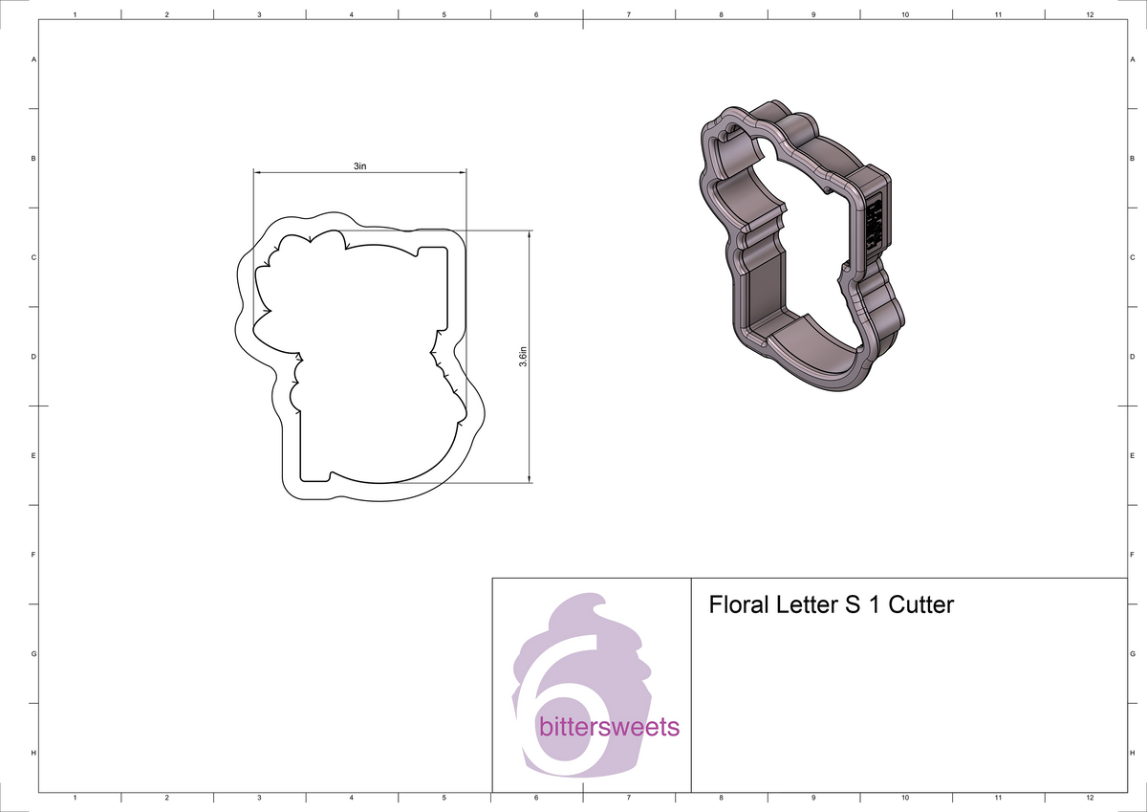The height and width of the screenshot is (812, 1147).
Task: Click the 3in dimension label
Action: [359, 165]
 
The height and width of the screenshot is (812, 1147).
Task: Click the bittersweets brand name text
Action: [609, 728]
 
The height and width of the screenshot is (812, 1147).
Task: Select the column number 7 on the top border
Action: [628, 14]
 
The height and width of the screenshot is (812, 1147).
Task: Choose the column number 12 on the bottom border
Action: [1090, 797]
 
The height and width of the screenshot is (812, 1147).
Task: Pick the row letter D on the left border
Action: [33, 357]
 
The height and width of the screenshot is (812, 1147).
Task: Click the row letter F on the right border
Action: [1132, 555]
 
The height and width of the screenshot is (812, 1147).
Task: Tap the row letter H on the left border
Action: [33, 754]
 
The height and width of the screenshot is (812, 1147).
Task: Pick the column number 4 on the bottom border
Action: [352, 797]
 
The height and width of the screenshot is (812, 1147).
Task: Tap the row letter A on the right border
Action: [1132, 59]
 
